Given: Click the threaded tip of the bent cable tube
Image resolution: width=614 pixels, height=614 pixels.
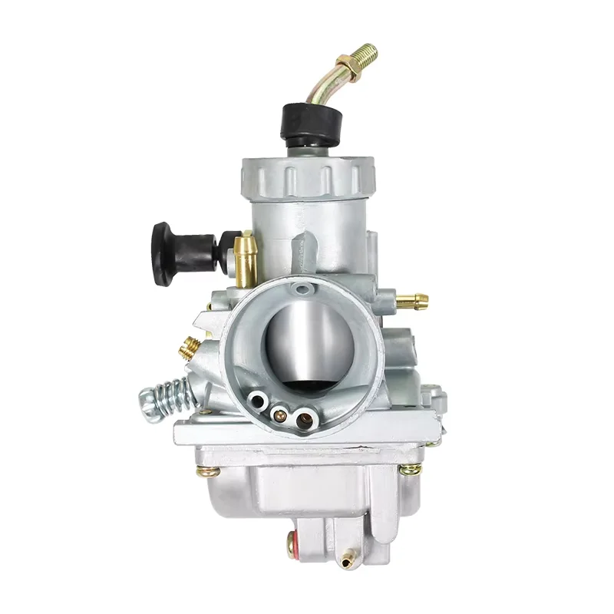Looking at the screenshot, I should tap(367, 53).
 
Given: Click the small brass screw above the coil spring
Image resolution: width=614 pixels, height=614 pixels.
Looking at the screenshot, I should tap(189, 348).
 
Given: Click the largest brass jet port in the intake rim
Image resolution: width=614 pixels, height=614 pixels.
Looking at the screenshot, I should tap(305, 419).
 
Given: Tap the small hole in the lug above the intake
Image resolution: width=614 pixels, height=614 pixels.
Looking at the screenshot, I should tap(305, 289).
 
